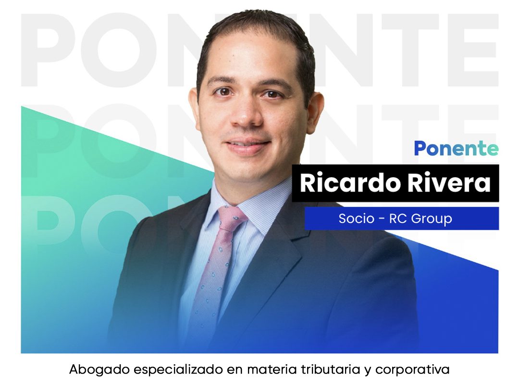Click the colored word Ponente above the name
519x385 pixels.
point(456,149)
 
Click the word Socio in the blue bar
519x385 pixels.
point(357,218)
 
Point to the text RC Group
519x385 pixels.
point(420,219)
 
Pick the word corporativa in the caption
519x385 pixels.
point(412,370)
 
